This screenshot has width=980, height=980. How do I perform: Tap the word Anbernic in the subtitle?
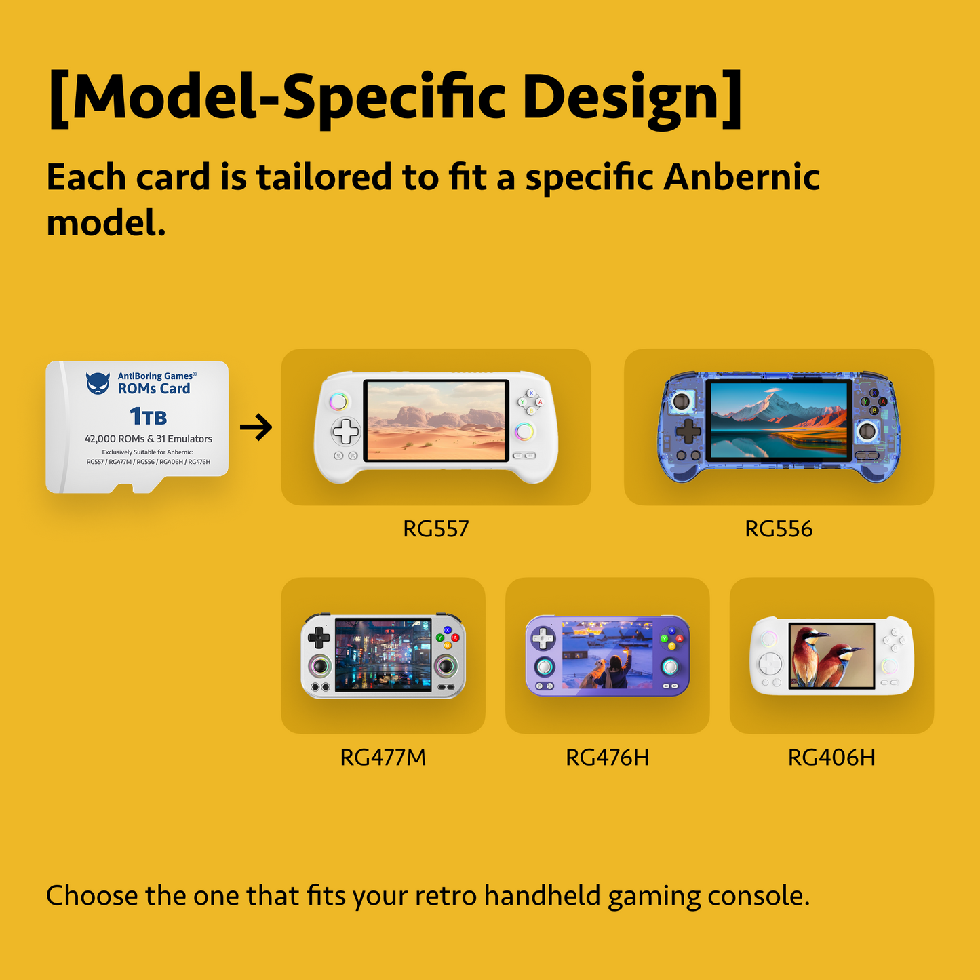click(x=741, y=178)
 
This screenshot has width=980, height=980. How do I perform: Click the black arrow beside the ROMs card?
click(x=256, y=427)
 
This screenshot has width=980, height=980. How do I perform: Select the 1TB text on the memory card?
click(x=148, y=416)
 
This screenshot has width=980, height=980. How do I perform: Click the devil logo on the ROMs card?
click(x=98, y=383)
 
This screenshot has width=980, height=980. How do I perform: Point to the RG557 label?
click(x=435, y=529)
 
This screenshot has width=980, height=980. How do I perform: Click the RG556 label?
click(x=779, y=529)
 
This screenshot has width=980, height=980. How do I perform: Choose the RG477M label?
click(x=383, y=757)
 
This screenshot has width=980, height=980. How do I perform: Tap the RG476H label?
click(x=607, y=757)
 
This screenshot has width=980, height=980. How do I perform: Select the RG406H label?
click(x=831, y=757)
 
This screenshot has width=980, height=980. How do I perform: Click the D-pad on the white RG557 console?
click(x=345, y=431)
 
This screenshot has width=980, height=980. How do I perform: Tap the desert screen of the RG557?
click(x=435, y=420)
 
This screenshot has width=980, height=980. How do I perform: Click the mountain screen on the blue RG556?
click(x=779, y=420)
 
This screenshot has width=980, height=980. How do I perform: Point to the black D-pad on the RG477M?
click(x=319, y=637)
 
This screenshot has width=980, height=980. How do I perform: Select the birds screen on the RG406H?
click(x=831, y=655)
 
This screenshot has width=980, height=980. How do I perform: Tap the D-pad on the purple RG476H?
click(x=543, y=638)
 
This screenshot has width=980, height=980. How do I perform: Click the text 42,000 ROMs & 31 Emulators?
click(x=148, y=439)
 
